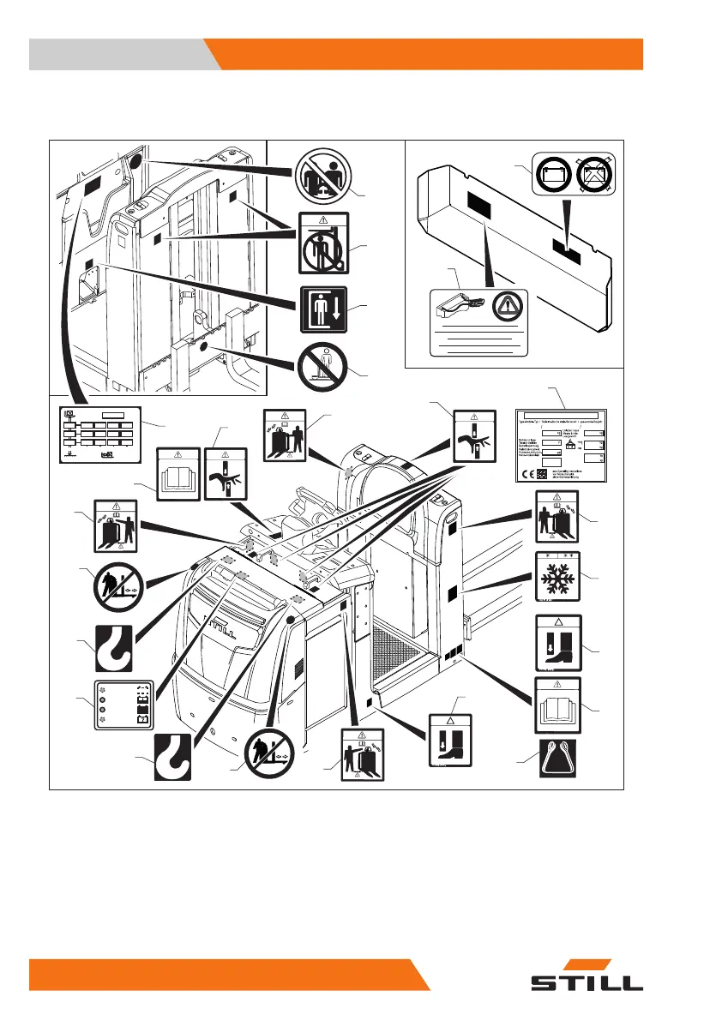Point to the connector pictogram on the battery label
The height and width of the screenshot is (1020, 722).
coord(460,303)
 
